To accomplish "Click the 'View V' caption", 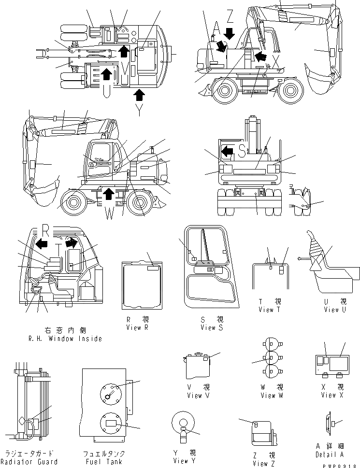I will click(x=195, y=396).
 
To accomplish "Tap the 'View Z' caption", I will click(x=260, y=464).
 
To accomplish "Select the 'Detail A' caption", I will click(x=331, y=454).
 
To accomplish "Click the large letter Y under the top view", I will click(x=139, y=111).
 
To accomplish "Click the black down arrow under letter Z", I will click(x=230, y=33).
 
